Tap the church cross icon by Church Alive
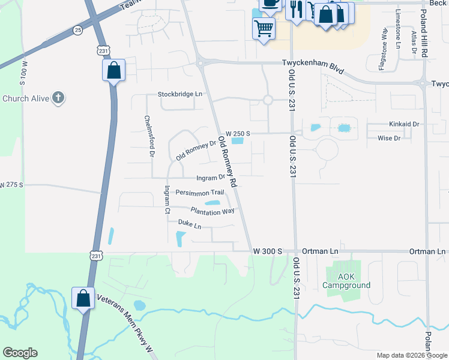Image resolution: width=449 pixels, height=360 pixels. pyautogui.click(x=58, y=98)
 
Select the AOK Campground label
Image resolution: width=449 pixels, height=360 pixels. pyautogui.click(x=346, y=281)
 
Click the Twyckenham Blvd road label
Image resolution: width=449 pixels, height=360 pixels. pyautogui.click(x=313, y=67)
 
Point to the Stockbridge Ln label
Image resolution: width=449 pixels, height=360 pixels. pyautogui.click(x=180, y=94)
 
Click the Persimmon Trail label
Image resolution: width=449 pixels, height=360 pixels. pyautogui.click(x=200, y=192)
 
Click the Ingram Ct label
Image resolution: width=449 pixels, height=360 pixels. pyautogui.click(x=167, y=199)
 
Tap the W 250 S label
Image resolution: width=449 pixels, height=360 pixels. pyautogui.click(x=238, y=133)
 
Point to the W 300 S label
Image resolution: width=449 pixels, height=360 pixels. pyautogui.click(x=268, y=251)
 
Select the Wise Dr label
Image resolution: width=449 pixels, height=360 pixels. pyautogui.click(x=389, y=138)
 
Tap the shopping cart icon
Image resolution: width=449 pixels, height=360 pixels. pyautogui.click(x=264, y=28)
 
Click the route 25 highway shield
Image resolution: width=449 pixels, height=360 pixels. pyautogui.click(x=77, y=29)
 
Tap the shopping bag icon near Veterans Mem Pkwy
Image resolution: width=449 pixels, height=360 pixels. pyautogui.click(x=83, y=298)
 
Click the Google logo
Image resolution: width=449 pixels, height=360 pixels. pyautogui.click(x=20, y=353)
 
